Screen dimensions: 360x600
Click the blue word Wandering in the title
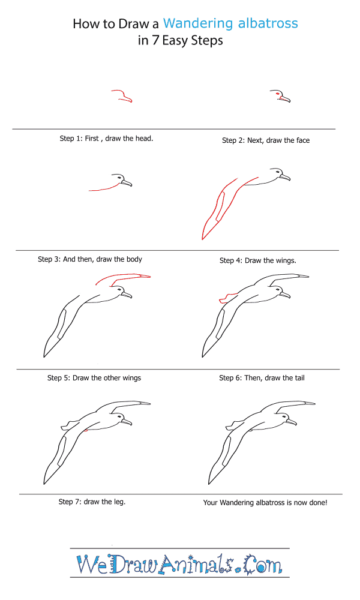[198, 24]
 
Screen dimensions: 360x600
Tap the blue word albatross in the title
[268, 23]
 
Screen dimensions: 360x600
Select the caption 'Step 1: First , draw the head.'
[106, 139]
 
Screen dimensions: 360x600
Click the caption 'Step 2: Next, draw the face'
[266, 140]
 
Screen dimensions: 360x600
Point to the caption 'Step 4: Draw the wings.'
[258, 260]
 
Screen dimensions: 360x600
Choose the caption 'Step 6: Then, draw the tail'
[262, 378]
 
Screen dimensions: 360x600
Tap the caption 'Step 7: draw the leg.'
[92, 502]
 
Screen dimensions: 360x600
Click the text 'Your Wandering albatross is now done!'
[265, 502]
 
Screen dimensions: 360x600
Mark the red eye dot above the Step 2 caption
[277, 94]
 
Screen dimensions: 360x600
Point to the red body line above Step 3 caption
[103, 188]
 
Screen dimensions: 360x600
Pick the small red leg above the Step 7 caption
[86, 430]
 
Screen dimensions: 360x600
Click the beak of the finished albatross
[292, 422]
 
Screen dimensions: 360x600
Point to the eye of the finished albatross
[284, 416]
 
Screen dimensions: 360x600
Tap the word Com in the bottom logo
[262, 564]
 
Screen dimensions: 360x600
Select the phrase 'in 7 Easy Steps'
[180, 41]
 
